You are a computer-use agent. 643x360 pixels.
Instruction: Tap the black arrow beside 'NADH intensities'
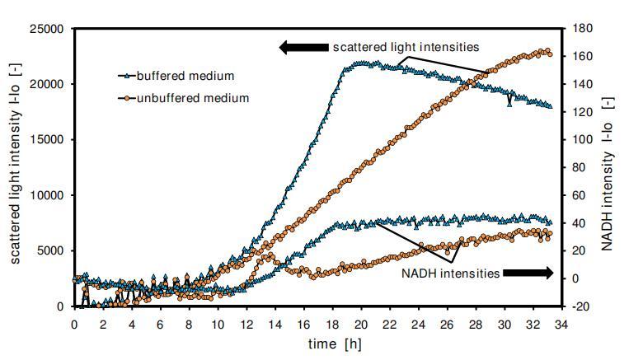(528, 274)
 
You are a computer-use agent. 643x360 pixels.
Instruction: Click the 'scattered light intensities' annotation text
(406, 47)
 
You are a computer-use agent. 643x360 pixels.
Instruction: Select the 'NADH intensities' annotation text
(450, 274)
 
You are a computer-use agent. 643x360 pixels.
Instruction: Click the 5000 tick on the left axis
(51, 251)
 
